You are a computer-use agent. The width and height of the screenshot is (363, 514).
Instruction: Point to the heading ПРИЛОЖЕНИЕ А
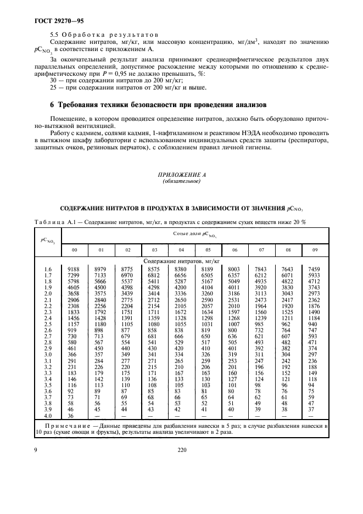tap(181, 176)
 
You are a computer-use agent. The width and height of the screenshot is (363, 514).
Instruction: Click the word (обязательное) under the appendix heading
tap(181, 182)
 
